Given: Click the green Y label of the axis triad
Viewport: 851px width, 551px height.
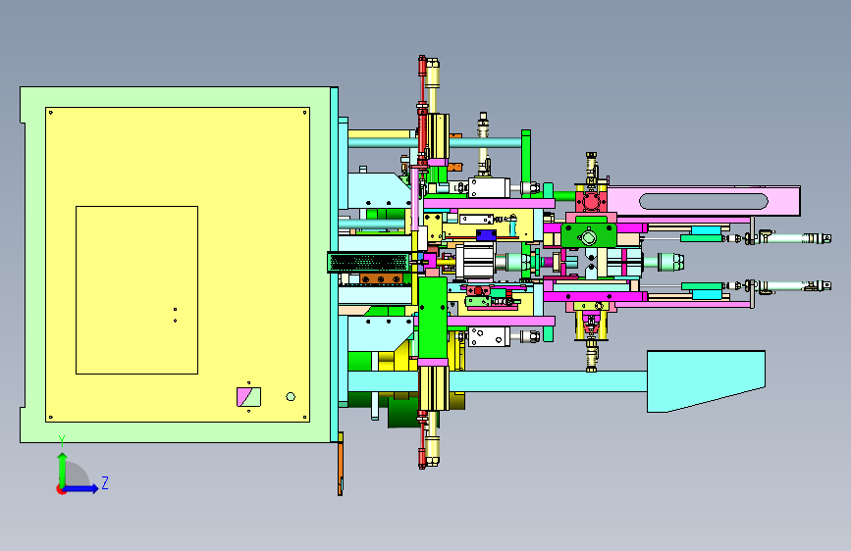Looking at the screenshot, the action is point(62,440).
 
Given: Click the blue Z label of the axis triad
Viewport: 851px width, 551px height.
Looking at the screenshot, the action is point(105,482).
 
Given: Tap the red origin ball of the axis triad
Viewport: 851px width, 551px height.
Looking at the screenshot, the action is point(61,489).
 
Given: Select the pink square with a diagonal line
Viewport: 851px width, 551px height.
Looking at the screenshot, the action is point(248,397).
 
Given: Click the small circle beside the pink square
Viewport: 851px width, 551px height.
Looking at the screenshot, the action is point(291,397).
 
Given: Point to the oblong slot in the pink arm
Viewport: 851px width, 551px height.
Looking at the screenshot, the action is point(704,201).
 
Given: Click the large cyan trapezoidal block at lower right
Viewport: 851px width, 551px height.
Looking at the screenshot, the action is point(706,380).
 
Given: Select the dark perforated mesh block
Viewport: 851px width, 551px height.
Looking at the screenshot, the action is point(368,263).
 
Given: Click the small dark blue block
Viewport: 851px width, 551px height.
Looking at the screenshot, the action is point(486,235).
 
